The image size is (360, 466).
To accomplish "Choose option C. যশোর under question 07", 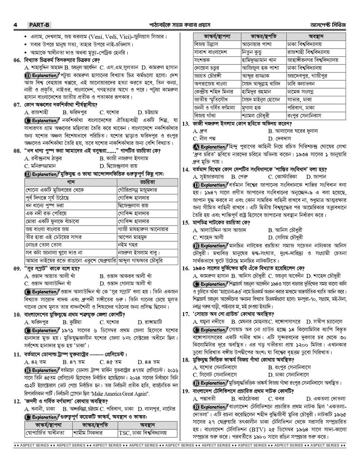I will click(x=108, y=112).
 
